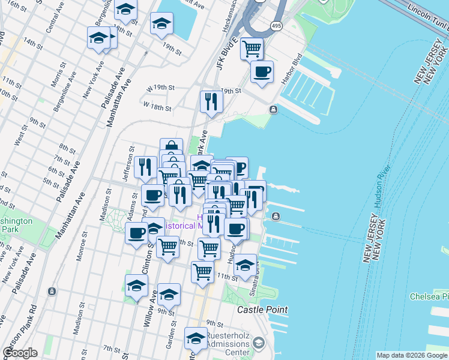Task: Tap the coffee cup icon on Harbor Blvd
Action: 262,72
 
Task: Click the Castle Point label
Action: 262,310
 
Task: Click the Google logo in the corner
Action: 19,353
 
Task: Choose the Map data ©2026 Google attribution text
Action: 411,355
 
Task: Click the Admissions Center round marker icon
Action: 259,343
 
